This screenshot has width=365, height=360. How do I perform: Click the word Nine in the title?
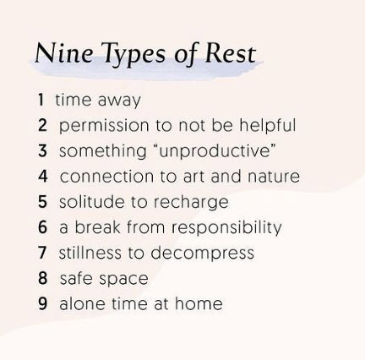point(63,52)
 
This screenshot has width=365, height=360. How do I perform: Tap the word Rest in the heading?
point(231,52)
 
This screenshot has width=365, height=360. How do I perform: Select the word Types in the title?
point(133,55)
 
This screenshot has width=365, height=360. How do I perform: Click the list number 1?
point(41,100)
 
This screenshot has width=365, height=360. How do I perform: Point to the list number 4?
point(43,176)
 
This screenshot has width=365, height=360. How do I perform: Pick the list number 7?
point(42,253)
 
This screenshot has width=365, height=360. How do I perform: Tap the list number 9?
point(43,303)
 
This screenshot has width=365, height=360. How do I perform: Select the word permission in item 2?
point(104,126)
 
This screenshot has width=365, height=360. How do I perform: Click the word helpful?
point(268,125)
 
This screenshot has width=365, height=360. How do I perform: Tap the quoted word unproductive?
point(217,151)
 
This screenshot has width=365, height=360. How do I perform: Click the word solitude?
point(92,201)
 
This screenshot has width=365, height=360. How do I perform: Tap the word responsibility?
point(226,228)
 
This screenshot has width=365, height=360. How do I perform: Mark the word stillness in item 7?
point(90,252)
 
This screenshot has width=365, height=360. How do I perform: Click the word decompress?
point(203,254)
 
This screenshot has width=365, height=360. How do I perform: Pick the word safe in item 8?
point(76,278)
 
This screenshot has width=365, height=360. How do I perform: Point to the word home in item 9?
point(199,303)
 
